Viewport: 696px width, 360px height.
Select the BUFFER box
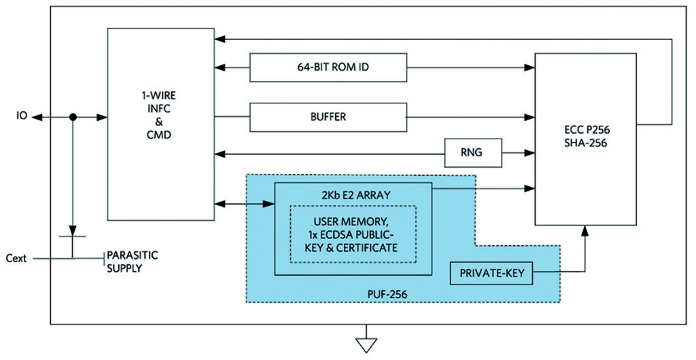[x=328, y=117]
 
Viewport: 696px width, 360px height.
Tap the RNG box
[x=473, y=152]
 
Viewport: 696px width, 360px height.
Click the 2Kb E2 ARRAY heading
[x=352, y=195]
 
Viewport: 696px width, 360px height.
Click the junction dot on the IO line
[x=73, y=118]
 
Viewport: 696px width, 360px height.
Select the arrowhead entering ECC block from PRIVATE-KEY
[x=584, y=231]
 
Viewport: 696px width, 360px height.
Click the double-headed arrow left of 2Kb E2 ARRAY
[x=244, y=203]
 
